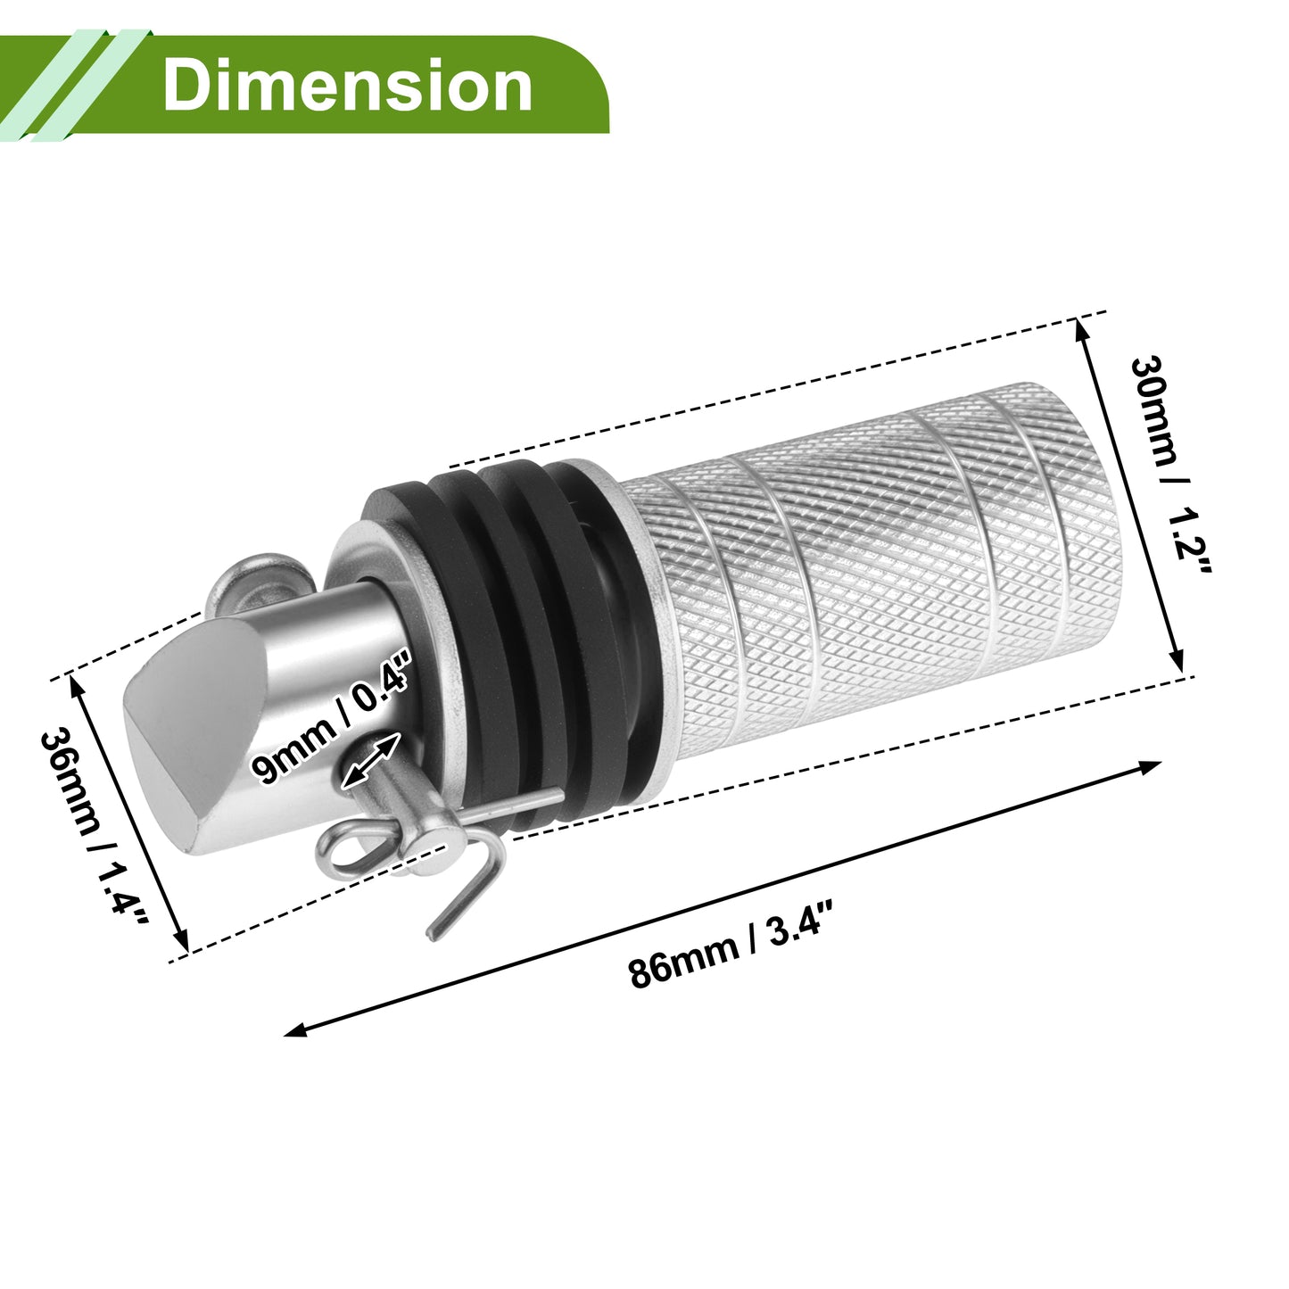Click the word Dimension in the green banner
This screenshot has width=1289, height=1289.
[347, 85]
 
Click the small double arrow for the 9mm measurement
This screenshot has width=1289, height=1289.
[370, 762]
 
